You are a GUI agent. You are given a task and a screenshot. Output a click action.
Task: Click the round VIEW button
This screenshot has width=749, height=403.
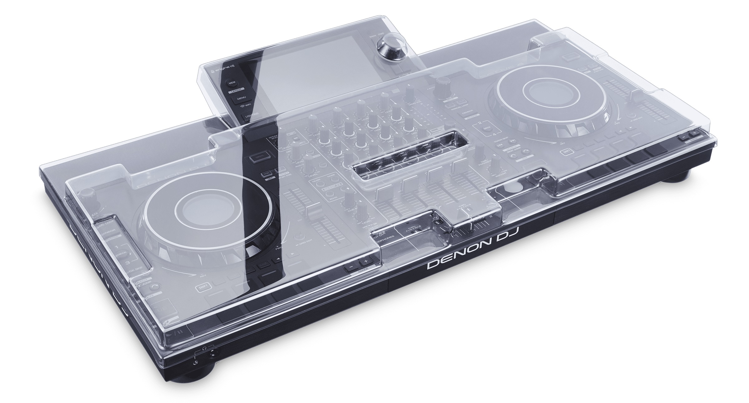pyautogui.click(x=232, y=83)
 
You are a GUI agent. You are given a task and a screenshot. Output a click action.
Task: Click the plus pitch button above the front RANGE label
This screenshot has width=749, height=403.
pyautogui.click(x=365, y=260)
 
